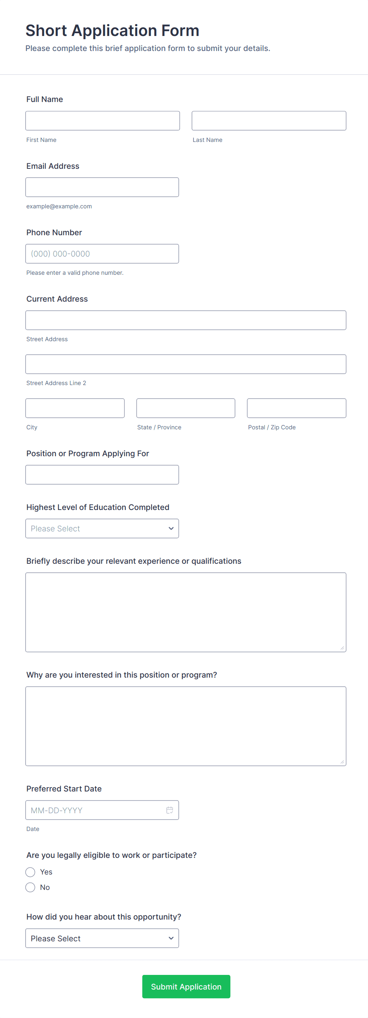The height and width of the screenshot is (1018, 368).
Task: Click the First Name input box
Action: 102,121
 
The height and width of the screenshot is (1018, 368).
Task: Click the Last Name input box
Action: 269,121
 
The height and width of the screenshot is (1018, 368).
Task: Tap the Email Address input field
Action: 102,187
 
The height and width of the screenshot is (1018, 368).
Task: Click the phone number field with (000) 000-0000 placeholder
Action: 102,254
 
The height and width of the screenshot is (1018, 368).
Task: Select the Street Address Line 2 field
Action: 186,364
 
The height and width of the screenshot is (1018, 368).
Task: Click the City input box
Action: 75,408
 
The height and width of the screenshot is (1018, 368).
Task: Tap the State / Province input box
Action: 186,408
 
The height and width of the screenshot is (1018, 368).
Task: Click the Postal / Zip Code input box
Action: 296,408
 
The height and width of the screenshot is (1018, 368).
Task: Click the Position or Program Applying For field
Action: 102,474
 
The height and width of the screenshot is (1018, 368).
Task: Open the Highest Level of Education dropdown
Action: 102,529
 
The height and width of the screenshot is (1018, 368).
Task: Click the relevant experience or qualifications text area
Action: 186,612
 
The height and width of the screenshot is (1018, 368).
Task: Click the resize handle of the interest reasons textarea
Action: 342,762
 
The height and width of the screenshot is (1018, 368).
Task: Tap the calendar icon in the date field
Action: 170,810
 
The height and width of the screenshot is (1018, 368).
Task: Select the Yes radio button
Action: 30,872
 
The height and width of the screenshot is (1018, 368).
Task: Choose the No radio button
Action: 30,888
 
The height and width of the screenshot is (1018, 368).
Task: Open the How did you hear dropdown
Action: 102,938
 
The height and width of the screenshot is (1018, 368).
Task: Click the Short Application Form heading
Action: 112,30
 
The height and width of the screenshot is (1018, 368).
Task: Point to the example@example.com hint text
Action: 59,206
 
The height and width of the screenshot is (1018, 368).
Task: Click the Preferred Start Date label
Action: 64,789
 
